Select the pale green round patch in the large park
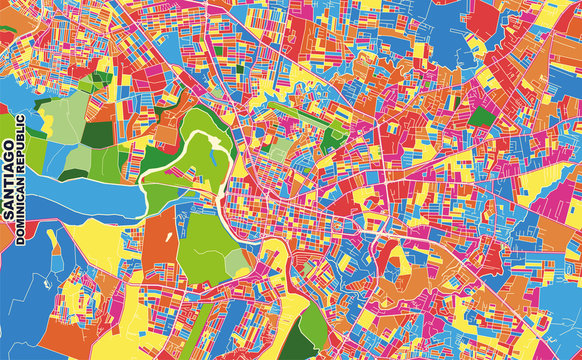[236, 262]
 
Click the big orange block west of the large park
[160, 240]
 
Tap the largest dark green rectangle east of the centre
[482, 117]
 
